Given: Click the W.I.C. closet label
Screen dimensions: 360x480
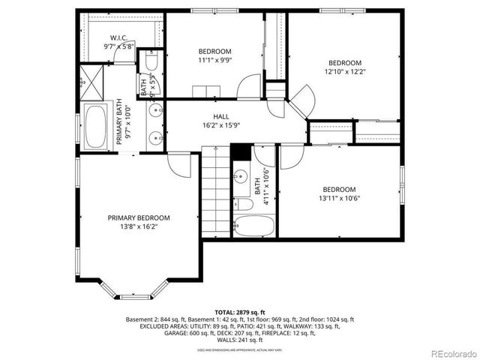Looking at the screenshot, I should click(119, 37).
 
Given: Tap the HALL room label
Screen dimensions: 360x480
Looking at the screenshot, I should click(221, 116).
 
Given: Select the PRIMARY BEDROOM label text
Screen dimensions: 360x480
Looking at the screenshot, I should click(138, 217).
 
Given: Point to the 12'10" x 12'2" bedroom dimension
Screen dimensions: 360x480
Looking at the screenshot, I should click(345, 72).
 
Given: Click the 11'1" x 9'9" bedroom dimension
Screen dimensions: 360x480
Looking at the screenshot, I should click(214, 61).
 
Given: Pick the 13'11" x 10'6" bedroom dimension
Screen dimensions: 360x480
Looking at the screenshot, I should click(339, 199).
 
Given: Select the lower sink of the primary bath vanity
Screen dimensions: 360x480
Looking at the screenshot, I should click(155, 138).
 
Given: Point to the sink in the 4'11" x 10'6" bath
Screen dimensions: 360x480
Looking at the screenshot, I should click(240, 177).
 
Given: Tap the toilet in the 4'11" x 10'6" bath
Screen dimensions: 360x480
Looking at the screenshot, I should click(243, 203).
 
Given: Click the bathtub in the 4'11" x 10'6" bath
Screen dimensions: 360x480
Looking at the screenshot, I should click(247, 226).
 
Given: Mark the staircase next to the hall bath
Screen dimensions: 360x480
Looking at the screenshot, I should click(214, 191).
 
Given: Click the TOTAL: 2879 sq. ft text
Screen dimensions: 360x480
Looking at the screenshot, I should click(240, 310).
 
